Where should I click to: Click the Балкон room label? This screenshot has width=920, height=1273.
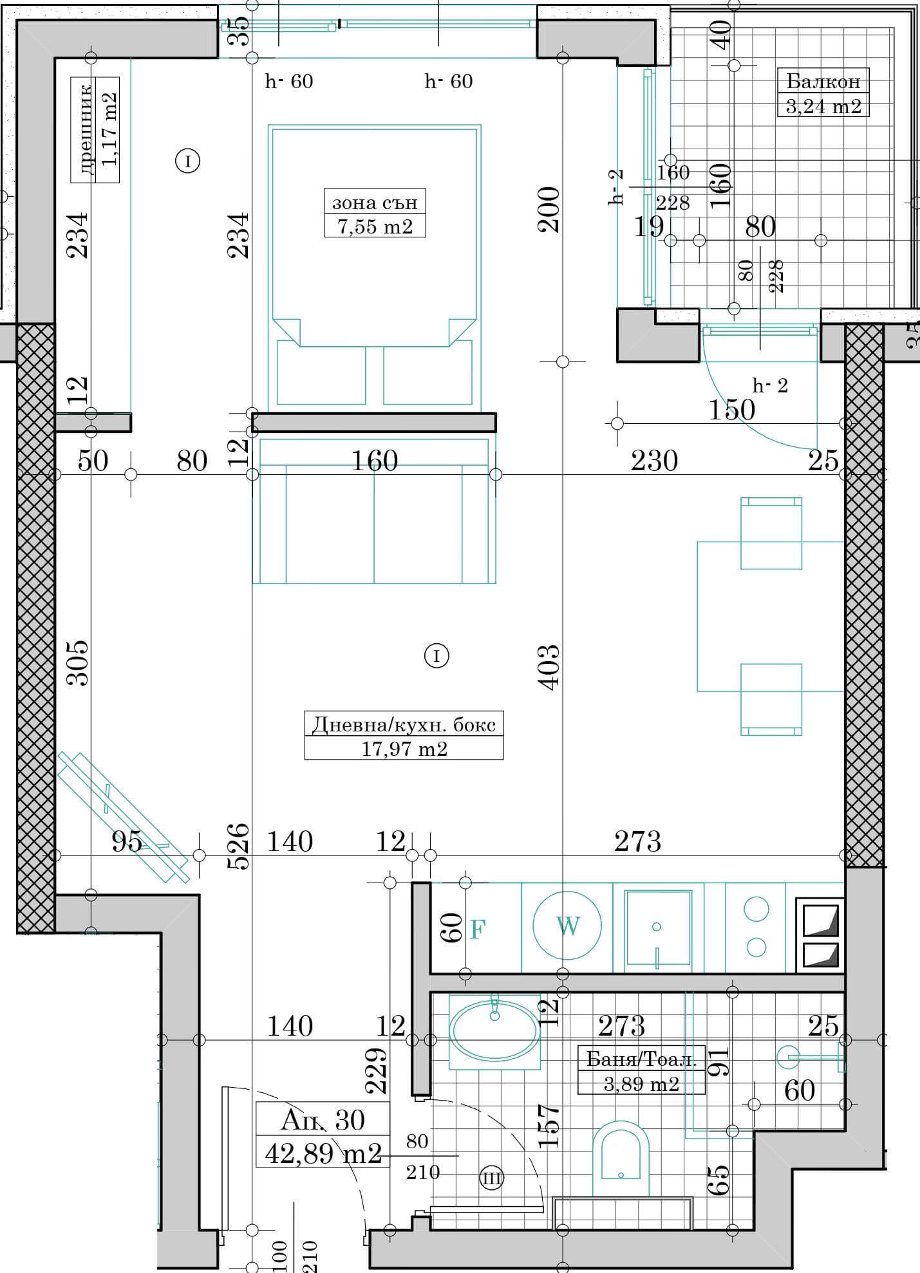(x=823, y=81)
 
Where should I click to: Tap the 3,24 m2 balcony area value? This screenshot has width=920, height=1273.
(x=823, y=105)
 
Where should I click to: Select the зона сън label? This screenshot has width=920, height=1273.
(x=375, y=203)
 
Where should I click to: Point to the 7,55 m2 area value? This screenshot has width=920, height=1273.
(x=375, y=226)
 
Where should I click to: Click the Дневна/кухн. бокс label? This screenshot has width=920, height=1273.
(x=404, y=725)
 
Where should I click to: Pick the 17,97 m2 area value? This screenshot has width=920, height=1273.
(x=404, y=748)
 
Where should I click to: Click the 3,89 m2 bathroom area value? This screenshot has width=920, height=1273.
(x=641, y=1084)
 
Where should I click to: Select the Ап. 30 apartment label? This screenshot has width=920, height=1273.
(x=323, y=1121)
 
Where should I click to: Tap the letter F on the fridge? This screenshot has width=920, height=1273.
(x=477, y=929)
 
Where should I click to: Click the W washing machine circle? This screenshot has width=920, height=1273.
(x=567, y=926)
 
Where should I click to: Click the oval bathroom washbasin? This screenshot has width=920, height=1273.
(x=494, y=1031)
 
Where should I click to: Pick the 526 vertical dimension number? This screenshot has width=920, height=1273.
(x=238, y=846)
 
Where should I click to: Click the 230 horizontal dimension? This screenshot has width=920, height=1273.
(x=654, y=461)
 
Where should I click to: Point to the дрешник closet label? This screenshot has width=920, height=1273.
(x=86, y=128)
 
